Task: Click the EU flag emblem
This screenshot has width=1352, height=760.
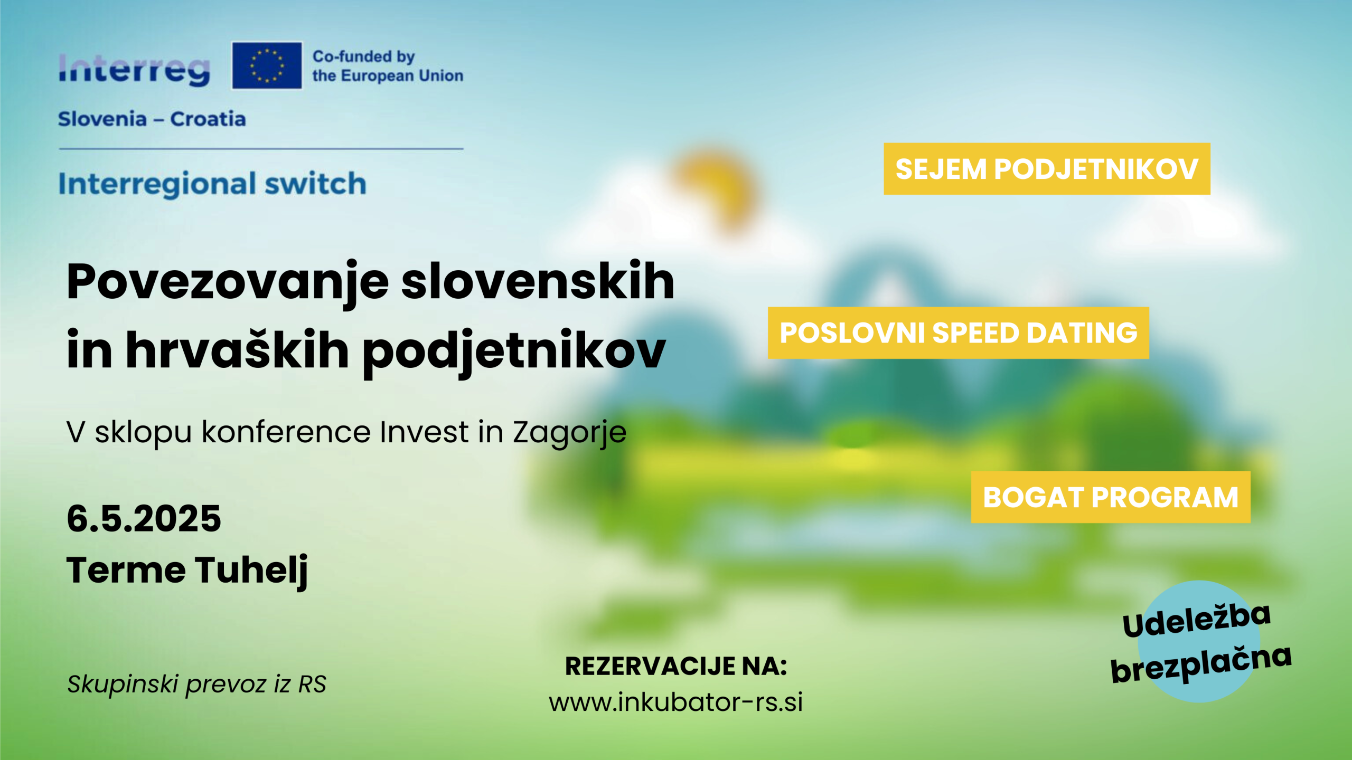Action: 267,65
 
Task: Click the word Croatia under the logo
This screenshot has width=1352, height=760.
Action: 208,119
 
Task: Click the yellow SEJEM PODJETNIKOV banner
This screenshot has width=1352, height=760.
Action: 1047,169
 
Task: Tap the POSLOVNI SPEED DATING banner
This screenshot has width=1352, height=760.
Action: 959,333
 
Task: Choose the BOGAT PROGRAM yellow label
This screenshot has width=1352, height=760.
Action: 1111,497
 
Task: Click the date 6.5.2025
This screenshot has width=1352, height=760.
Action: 144,518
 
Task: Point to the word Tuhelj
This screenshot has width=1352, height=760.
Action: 252,571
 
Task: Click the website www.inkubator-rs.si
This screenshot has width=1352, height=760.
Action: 676,702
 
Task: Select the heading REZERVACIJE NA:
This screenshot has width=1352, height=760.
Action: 676,666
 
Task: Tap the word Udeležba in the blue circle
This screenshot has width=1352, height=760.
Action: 1197,620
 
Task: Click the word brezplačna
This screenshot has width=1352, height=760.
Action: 1201,664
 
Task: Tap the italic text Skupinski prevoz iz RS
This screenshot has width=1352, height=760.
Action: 197,685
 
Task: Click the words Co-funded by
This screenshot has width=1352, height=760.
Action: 364,56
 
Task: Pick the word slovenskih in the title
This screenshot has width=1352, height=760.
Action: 538,281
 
